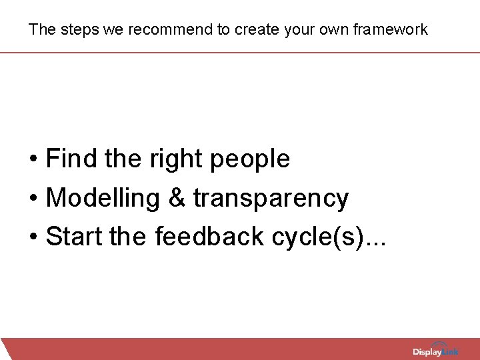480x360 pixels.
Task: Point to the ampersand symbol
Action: (176, 199)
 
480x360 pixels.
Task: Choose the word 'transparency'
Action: (271, 199)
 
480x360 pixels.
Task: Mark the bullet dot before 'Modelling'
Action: (33, 199)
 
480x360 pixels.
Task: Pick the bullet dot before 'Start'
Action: (33, 238)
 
